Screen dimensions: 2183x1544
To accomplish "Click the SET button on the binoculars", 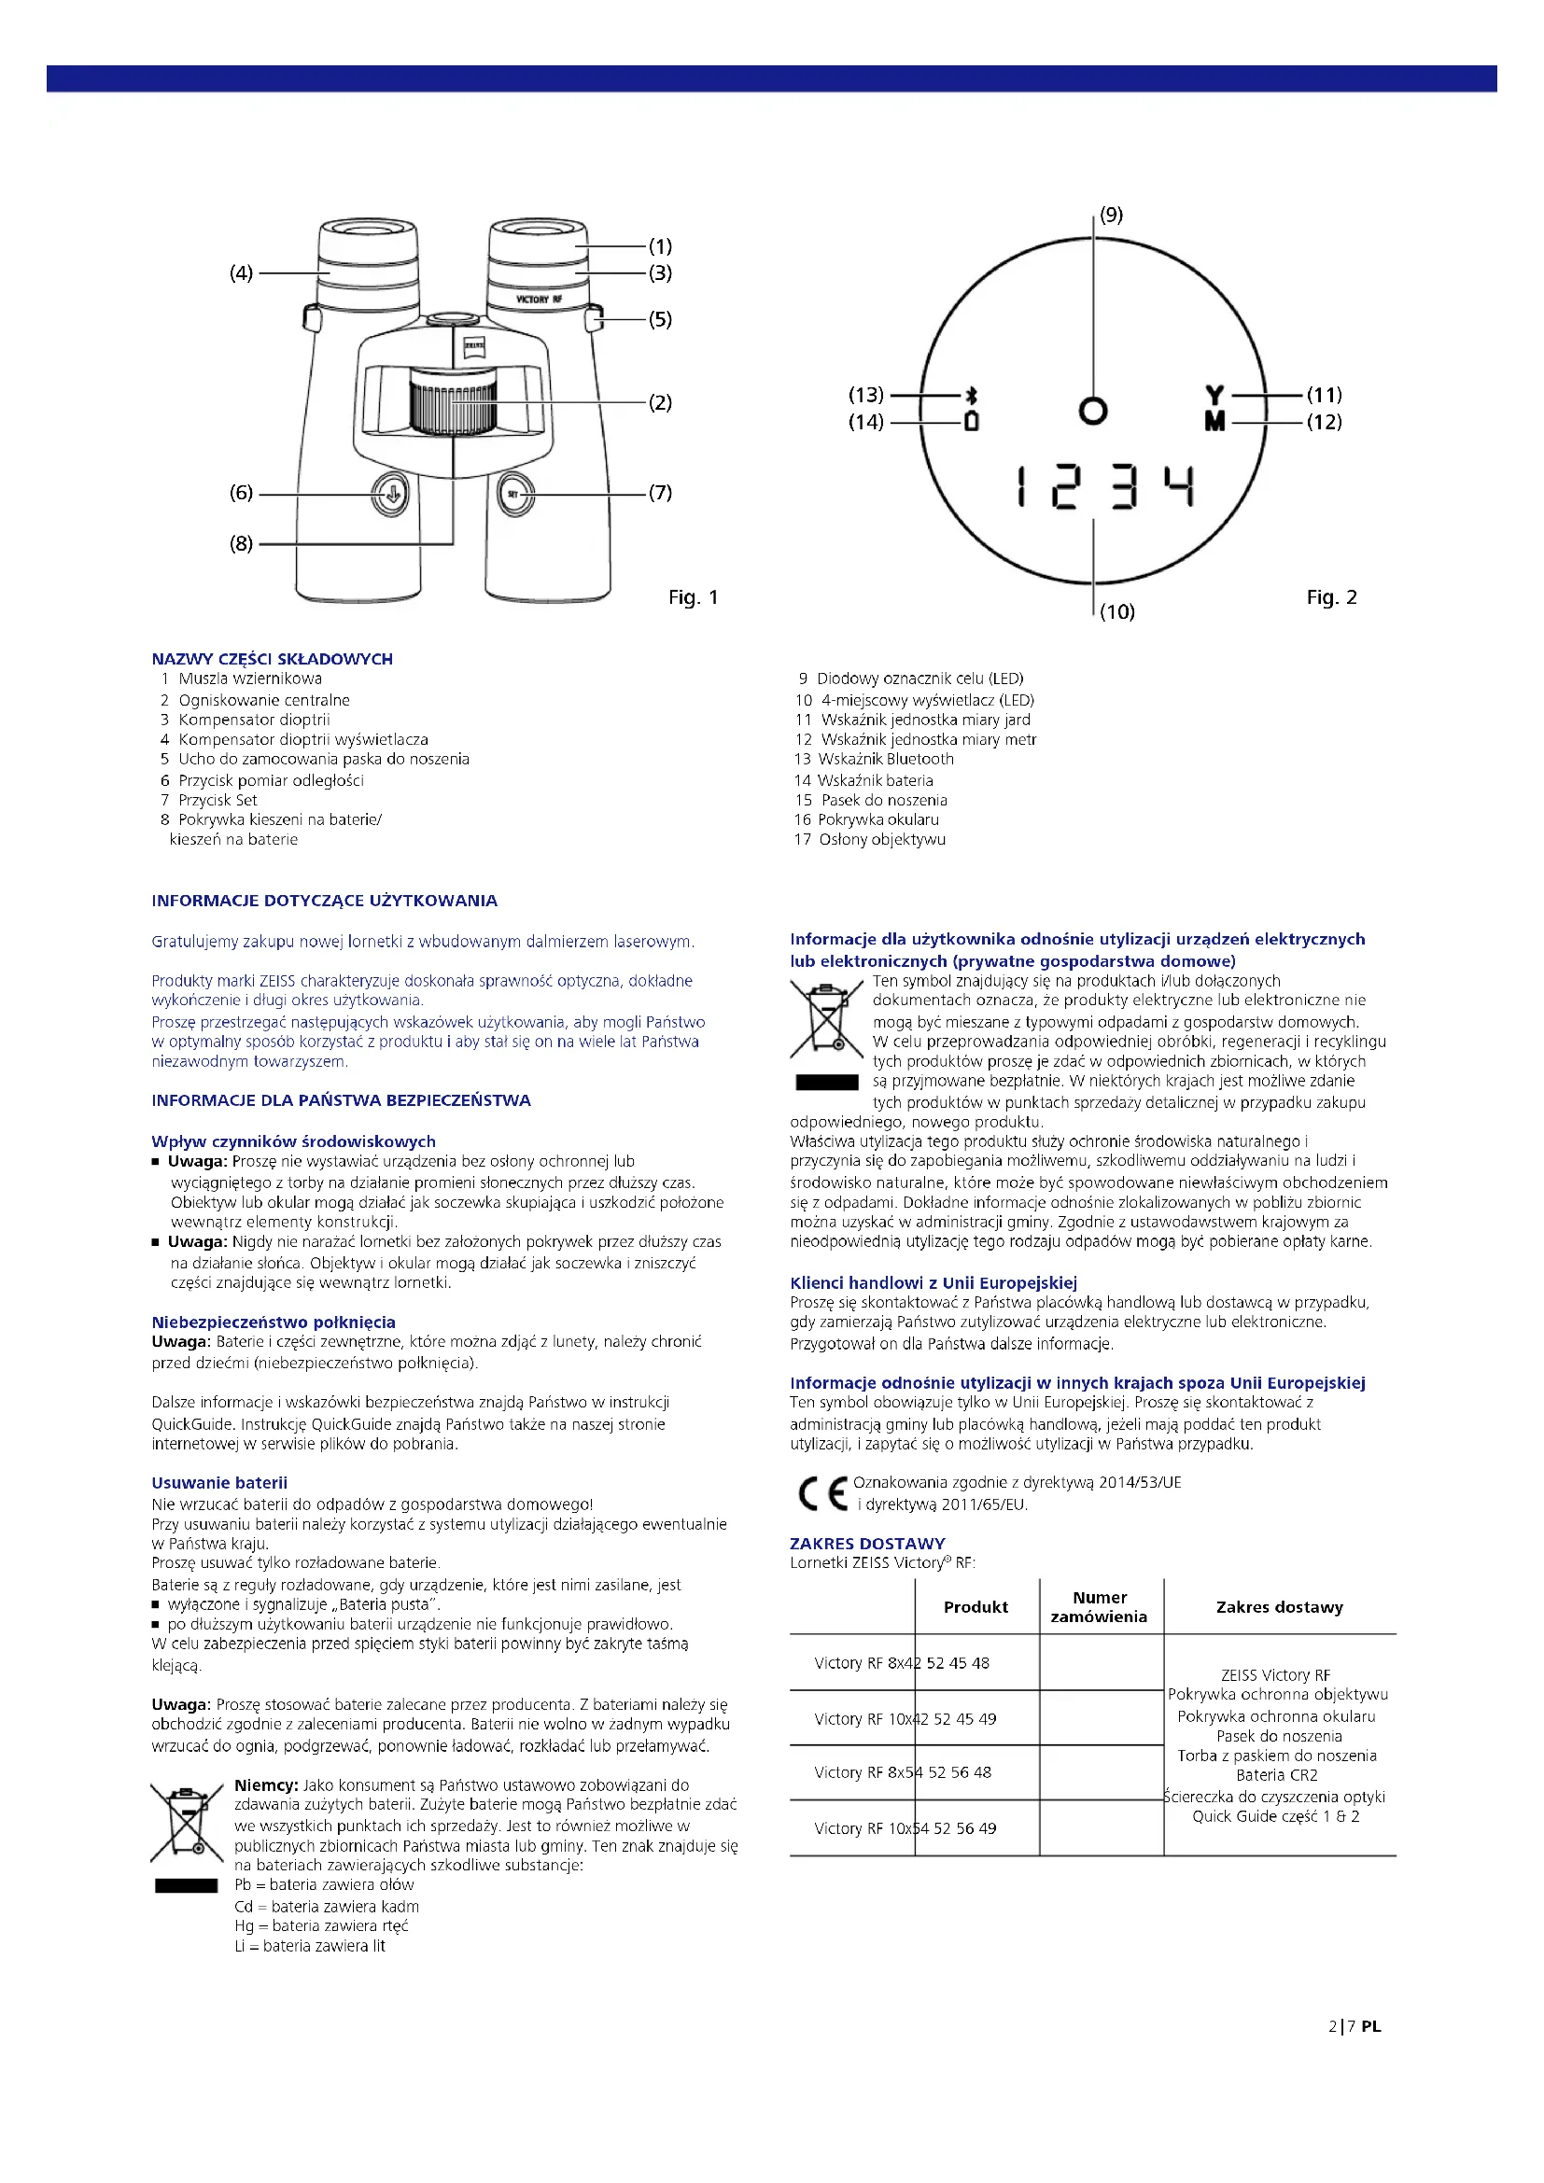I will (514, 495).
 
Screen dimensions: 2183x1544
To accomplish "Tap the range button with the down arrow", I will (391, 495).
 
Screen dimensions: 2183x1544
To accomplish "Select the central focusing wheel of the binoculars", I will (454, 404).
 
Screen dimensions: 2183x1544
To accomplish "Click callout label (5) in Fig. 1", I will (660, 319).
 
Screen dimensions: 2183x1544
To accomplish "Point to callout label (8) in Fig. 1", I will (242, 544).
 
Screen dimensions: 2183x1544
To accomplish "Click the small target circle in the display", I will (1093, 411).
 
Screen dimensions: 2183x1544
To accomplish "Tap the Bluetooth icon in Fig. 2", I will (971, 396).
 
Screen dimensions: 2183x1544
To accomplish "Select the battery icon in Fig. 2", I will (971, 421).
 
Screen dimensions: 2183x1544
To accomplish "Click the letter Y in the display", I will (1214, 395).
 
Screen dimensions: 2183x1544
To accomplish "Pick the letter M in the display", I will (1214, 421).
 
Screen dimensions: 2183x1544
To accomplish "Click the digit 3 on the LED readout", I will (1125, 487).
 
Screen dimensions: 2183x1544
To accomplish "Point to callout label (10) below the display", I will (1117, 611).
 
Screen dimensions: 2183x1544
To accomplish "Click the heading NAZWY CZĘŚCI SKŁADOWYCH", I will (272, 659).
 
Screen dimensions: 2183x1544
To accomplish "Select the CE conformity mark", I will (822, 1492).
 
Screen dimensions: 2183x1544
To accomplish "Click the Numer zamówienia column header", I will (1099, 1607).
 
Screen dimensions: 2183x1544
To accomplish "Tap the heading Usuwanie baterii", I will (218, 1482).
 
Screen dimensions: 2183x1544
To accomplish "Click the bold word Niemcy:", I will (266, 1785).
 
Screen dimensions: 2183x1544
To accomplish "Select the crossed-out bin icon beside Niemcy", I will (187, 1824).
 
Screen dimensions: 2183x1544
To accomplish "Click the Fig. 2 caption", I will (1331, 597).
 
